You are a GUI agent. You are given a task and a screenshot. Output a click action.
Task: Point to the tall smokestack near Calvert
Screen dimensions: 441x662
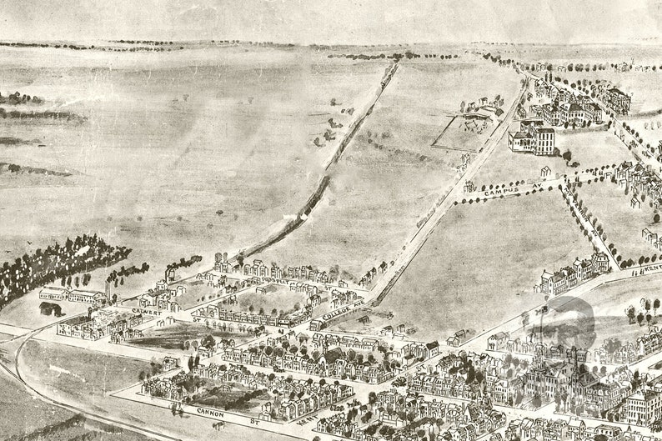pyautogui.click(x=106, y=288)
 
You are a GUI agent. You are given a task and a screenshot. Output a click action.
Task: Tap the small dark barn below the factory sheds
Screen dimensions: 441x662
pyautogui.click(x=50, y=308)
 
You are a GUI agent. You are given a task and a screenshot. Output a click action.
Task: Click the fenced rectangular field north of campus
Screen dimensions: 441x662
pyautogui.click(x=463, y=133)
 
